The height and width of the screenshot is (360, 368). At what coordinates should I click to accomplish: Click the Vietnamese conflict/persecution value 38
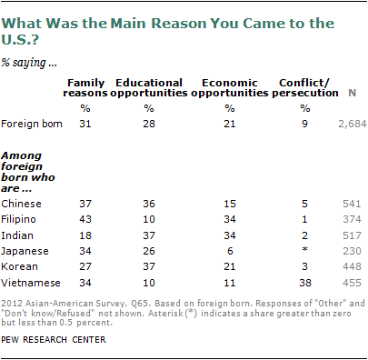point(305,283)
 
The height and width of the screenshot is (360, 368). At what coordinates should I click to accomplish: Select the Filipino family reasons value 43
point(85,219)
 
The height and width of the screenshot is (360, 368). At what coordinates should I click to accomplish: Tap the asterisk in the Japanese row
point(305,250)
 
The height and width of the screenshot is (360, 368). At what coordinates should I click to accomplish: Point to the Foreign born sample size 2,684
point(353,124)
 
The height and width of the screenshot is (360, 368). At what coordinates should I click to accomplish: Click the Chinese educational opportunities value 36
point(149,204)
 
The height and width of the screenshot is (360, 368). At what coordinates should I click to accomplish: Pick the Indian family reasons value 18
point(85,235)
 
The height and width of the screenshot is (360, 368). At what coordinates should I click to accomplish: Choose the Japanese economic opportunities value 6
point(230,251)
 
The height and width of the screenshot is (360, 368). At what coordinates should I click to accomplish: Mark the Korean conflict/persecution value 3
point(305,266)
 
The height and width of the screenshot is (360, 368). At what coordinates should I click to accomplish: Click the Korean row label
point(20,266)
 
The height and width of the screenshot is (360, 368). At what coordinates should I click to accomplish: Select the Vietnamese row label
point(31,283)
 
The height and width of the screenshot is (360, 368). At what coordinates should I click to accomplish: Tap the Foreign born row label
point(32,124)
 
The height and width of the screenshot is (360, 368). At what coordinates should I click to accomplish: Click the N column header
point(352,93)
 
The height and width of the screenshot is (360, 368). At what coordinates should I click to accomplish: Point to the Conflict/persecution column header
point(305,87)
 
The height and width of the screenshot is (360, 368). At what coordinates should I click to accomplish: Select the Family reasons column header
point(85,87)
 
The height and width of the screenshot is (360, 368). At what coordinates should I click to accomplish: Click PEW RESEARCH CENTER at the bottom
point(54,339)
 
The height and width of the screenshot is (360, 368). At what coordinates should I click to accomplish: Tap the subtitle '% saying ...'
point(29,63)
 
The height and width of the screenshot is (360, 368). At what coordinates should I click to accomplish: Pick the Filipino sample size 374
point(352,219)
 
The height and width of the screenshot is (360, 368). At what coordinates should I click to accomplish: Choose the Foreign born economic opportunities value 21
point(230,124)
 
